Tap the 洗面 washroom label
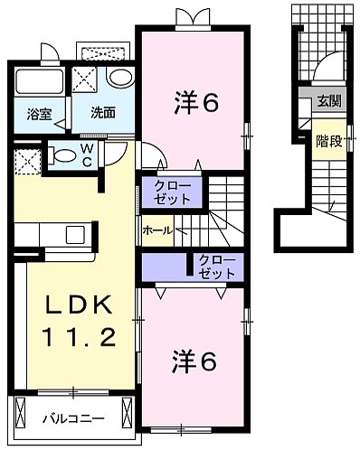click(x=102, y=114)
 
